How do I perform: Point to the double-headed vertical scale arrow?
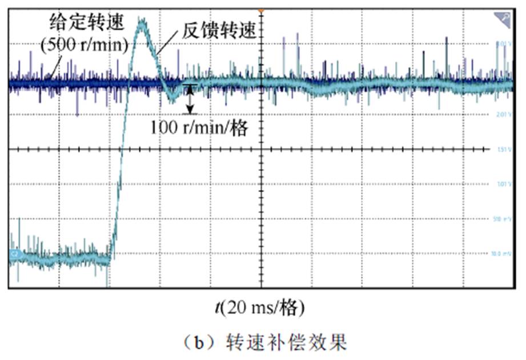[191, 99]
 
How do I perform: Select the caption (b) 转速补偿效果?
[262, 343]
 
